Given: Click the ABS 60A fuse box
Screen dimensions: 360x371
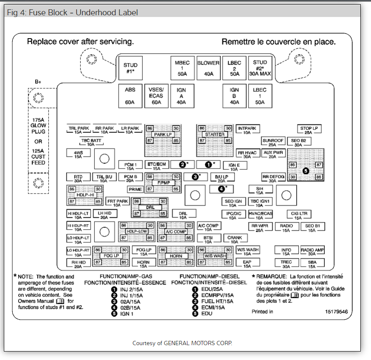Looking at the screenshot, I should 130,96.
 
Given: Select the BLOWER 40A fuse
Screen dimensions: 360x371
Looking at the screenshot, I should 208,68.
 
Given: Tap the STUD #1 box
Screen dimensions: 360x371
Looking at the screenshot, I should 130,68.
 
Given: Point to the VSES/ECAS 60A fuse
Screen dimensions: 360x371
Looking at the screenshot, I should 156,96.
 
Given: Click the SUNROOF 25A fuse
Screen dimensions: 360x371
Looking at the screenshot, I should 273,142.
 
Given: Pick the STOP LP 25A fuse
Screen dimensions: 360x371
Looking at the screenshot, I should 309,129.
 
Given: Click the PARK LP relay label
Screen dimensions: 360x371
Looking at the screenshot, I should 163,135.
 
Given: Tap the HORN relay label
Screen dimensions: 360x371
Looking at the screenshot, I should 176,256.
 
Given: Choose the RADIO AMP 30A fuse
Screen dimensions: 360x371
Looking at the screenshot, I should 312,251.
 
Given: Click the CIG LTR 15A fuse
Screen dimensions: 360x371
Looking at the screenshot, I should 298,215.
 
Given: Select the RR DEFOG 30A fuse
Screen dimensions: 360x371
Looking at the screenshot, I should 273,178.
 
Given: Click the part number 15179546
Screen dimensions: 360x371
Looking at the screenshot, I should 337,312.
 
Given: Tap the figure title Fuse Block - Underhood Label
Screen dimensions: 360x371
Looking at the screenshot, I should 72,12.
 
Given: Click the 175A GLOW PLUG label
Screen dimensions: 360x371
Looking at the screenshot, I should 38,126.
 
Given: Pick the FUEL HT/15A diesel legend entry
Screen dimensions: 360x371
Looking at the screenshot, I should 217,301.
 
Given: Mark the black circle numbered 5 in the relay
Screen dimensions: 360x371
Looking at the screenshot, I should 306,171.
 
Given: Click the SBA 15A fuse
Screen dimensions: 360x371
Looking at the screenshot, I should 312,264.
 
